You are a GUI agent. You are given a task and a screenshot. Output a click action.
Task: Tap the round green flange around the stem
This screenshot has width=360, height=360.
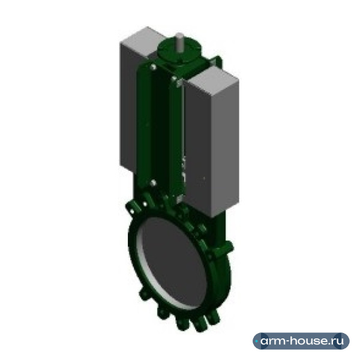pyautogui.click(x=179, y=52)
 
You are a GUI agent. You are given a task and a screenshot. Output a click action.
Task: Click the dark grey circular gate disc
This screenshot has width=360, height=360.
pyautogui.click(x=173, y=262)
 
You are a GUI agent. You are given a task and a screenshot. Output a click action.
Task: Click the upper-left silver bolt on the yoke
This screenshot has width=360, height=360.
pyautogui.click(x=153, y=67)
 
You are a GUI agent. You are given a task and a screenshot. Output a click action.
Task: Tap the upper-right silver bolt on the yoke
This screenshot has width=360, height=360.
pyautogui.click(x=174, y=79)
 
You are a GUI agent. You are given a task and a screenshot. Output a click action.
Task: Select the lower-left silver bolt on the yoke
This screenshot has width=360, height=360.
pyautogui.click(x=153, y=183)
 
